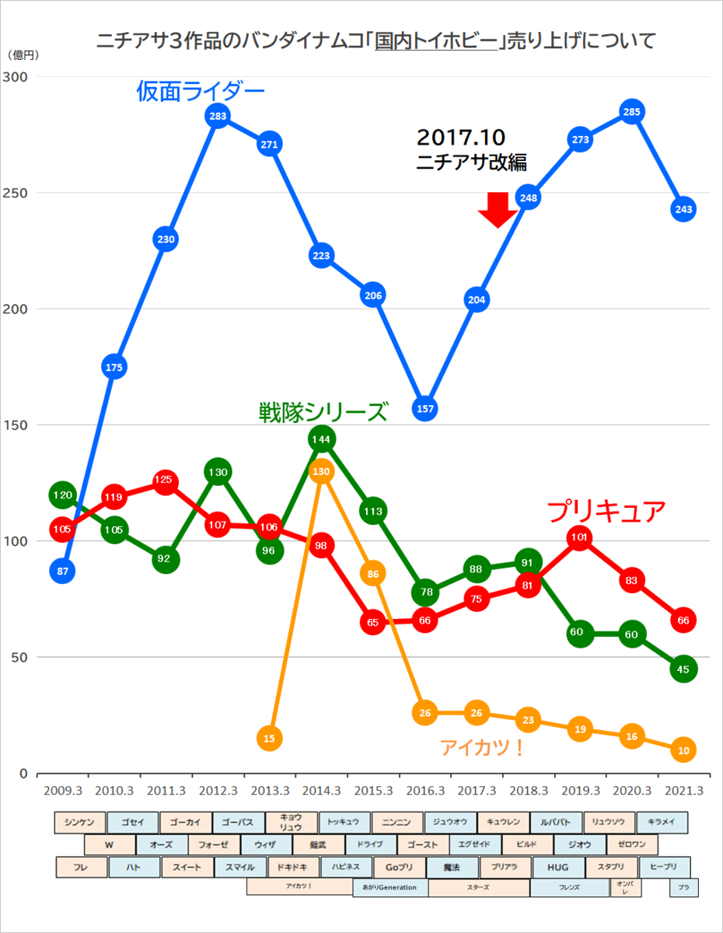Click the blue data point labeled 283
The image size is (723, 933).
[x=218, y=117]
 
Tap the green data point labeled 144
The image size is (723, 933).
[x=321, y=439]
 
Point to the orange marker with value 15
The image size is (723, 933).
[x=269, y=738]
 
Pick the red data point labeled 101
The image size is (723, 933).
[x=579, y=537]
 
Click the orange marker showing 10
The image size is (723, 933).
[x=683, y=750]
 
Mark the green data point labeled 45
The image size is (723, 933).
[x=683, y=669]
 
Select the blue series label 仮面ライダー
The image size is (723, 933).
[x=201, y=93]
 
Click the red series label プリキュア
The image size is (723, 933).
[x=606, y=511]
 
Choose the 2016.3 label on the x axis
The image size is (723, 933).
[x=424, y=791]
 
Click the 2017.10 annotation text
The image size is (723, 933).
[x=461, y=138]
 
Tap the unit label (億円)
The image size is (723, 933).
[x=23, y=55]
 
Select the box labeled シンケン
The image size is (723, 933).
[x=80, y=823]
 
